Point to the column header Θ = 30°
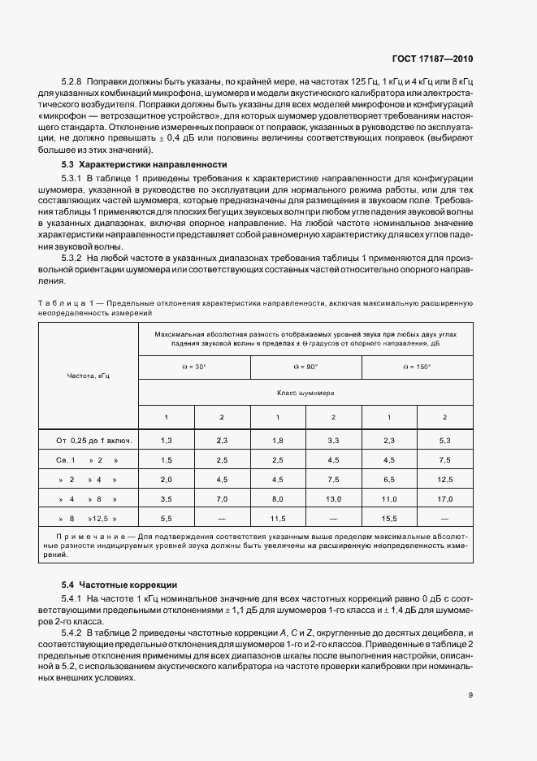pyautogui.click(x=194, y=367)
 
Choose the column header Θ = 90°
pyautogui.click(x=305, y=367)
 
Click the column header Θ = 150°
pyautogui.click(x=417, y=367)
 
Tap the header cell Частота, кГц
pyautogui.click(x=89, y=376)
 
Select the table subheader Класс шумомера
pyautogui.click(x=305, y=392)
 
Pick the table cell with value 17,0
pyautogui.click(x=444, y=498)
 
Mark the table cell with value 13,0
pyautogui.click(x=333, y=498)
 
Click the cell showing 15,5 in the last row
pyautogui.click(x=389, y=518)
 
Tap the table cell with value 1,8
pyautogui.click(x=278, y=440)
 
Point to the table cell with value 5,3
pyautogui.click(x=444, y=440)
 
